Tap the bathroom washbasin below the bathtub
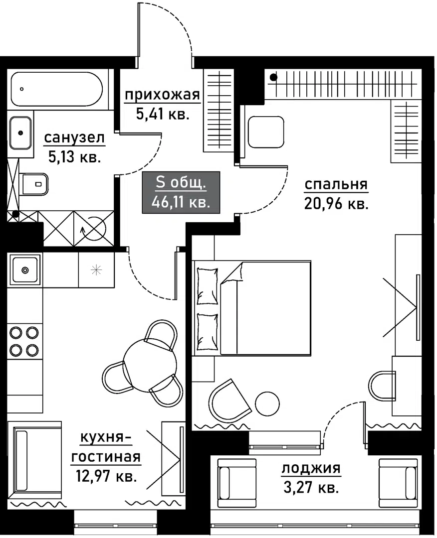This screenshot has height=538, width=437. (20, 133)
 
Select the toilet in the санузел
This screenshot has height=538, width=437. (34, 184)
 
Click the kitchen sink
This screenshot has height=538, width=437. (24, 270)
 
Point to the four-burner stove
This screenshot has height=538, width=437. (24, 341)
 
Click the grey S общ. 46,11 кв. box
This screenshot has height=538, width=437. (181, 192)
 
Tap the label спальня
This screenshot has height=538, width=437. (336, 185)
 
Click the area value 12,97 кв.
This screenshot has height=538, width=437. (105, 476)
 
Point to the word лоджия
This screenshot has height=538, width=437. (311, 468)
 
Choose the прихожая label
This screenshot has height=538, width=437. (162, 95)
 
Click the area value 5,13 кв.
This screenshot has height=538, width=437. (74, 157)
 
